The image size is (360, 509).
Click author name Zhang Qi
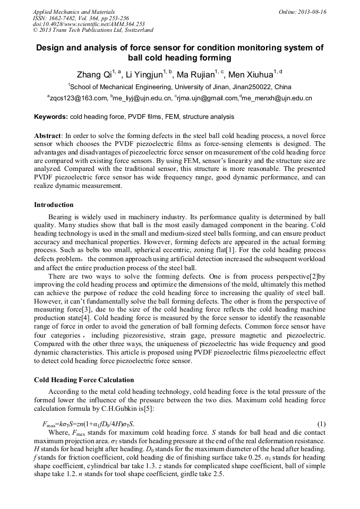(92, 74)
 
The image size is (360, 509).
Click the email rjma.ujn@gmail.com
(208, 98)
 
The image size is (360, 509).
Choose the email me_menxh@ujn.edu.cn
(277, 98)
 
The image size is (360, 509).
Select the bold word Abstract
(48, 136)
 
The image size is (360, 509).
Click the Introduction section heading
(54, 205)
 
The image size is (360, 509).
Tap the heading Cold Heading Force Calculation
(84, 380)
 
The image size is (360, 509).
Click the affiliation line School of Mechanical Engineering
(179, 87)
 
